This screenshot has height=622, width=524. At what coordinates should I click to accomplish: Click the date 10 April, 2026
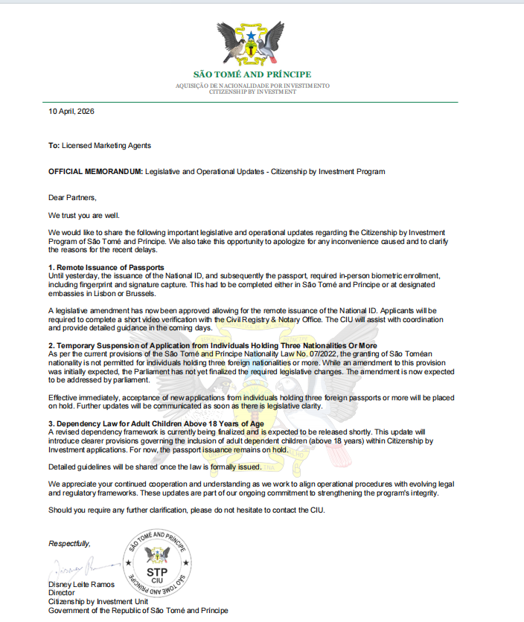71,111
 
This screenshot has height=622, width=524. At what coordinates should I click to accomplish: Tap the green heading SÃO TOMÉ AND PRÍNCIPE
252,74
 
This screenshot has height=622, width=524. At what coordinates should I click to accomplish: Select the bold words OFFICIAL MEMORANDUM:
95,171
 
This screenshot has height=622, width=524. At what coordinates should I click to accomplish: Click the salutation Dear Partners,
73,197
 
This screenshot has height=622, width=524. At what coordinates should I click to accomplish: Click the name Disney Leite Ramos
82,584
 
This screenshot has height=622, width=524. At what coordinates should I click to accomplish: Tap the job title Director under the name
62,593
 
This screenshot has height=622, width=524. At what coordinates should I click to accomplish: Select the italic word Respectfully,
71,543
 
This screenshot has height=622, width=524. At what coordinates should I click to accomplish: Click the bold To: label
54,146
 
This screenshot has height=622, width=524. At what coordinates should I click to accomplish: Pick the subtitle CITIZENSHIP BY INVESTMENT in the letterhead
252,92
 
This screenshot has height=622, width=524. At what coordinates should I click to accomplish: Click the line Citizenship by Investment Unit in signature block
98,601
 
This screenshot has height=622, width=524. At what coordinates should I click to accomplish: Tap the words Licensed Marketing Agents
106,146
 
